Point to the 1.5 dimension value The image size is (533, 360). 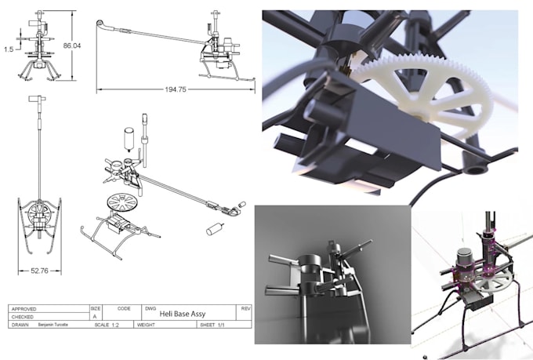(x=8, y=48)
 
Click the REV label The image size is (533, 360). (x=245, y=309)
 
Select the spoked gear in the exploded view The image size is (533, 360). (x=121, y=200)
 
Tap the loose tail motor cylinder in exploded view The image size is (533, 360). (x=214, y=230)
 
